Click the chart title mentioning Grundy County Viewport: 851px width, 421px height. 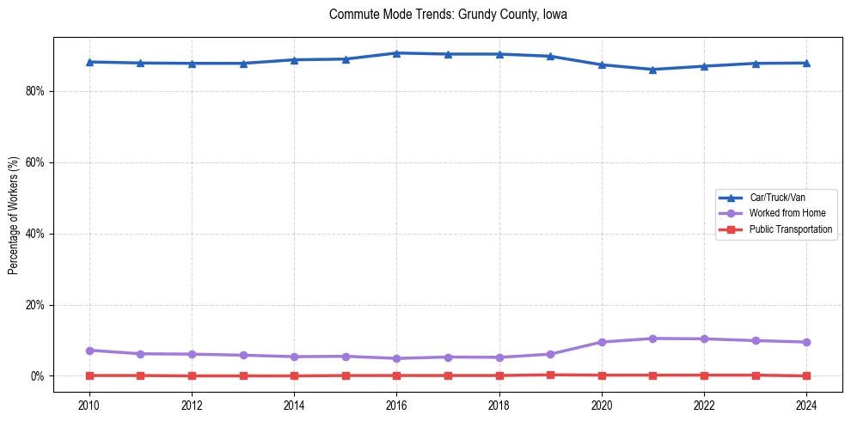(x=448, y=15)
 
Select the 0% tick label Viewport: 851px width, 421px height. (x=37, y=376)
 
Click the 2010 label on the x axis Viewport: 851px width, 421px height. (x=89, y=404)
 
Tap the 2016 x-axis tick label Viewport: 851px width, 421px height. (x=396, y=404)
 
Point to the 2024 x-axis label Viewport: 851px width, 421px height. (x=806, y=404)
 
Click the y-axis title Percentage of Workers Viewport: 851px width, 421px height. (x=14, y=216)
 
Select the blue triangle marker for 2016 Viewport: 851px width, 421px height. (x=396, y=53)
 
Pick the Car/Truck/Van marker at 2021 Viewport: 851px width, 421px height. (x=652, y=70)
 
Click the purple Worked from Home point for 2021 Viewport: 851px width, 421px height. (x=652, y=339)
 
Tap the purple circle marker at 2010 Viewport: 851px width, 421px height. (x=89, y=351)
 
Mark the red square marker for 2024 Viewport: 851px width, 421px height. (x=806, y=375)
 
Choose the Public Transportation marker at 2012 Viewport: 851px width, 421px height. (x=192, y=375)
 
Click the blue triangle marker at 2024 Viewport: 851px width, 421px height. (x=806, y=63)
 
